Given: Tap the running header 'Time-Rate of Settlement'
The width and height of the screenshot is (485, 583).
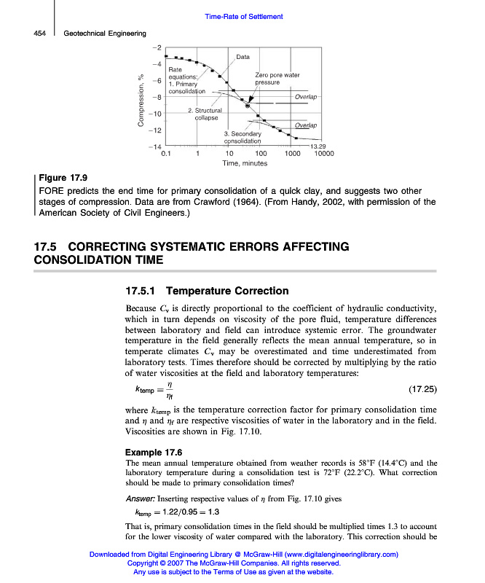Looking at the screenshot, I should pyautogui.click(x=243, y=17).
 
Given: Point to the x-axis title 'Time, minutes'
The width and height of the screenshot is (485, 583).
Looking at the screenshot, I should pyautogui.click(x=245, y=164).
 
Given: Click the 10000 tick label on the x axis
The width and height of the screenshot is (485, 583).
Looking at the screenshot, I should pyautogui.click(x=323, y=154).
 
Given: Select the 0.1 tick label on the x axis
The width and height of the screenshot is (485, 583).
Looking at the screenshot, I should pyautogui.click(x=166, y=154).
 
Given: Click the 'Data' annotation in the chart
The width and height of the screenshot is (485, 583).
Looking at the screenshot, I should pyautogui.click(x=243, y=57).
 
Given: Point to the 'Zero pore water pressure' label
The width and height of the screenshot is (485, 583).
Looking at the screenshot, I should pyautogui.click(x=277, y=79).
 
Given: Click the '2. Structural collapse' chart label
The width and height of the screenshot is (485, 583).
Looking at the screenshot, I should pyautogui.click(x=204, y=114).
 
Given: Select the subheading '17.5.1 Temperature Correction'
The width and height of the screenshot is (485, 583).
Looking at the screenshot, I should pyautogui.click(x=197, y=291).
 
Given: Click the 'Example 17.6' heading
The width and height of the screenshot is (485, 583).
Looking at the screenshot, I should pyautogui.click(x=154, y=452).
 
